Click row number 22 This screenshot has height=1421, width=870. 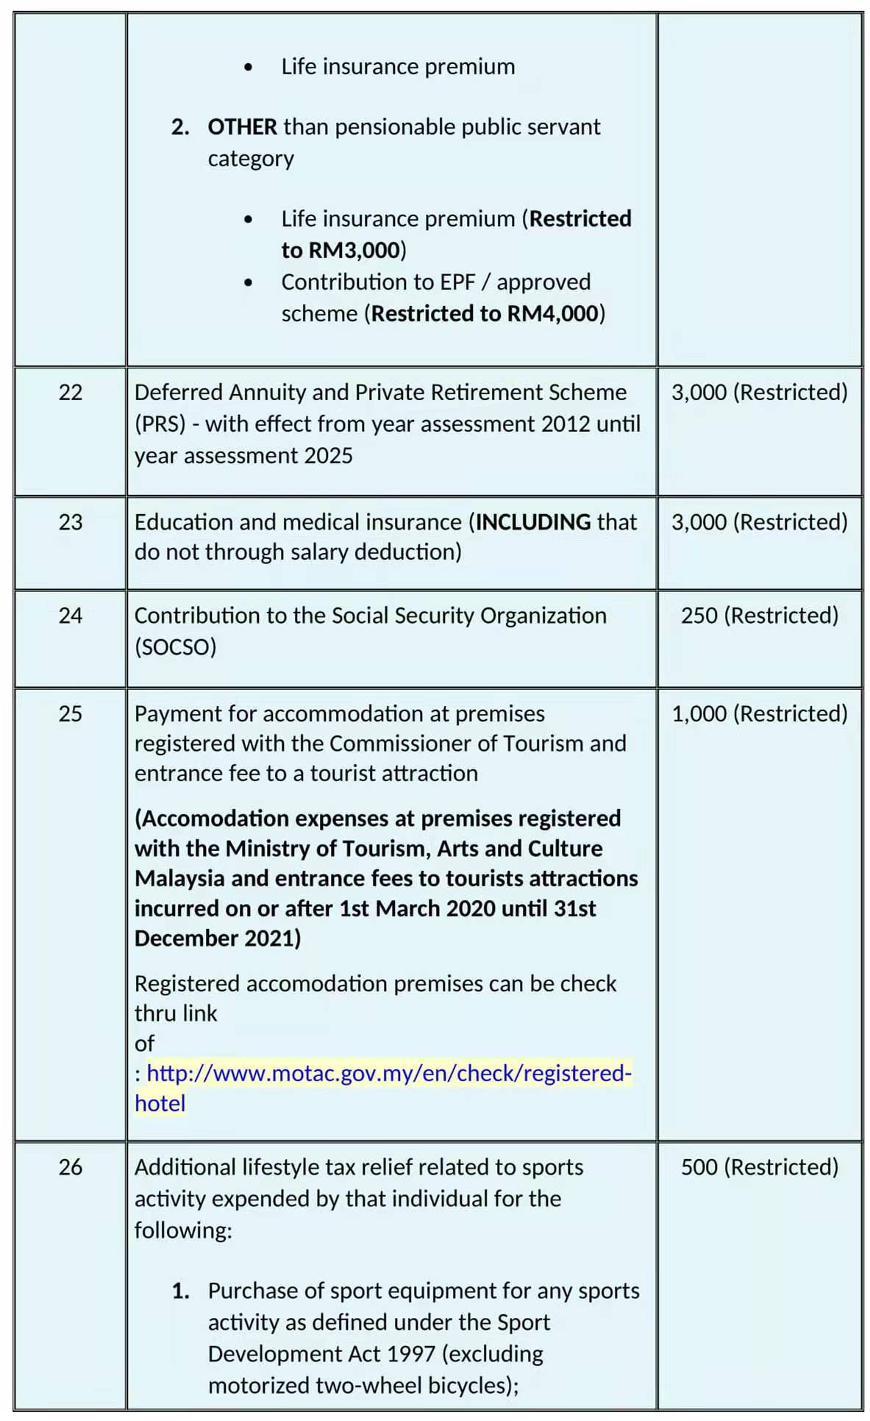71,393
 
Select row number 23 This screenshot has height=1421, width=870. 71,522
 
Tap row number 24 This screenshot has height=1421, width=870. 71,616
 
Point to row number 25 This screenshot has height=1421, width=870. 71,714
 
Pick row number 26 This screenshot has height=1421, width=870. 71,1167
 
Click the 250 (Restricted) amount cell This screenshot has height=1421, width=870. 760,616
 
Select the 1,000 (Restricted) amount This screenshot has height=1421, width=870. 760,714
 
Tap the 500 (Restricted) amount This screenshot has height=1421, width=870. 760,1167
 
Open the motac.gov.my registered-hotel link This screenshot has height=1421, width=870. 388,1074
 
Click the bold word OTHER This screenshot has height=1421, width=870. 242,127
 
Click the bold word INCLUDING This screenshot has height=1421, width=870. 533,522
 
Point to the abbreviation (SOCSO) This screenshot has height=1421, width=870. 176,647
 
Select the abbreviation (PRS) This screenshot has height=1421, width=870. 160,424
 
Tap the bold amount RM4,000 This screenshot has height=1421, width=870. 553,314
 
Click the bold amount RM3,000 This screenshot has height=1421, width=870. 354,251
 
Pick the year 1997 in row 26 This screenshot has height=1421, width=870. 411,1354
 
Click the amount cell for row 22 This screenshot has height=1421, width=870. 760,393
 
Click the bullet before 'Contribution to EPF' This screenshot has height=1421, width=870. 249,283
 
